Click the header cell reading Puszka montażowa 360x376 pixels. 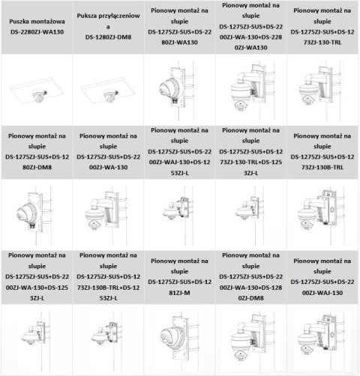pyautogui.click(x=37, y=22)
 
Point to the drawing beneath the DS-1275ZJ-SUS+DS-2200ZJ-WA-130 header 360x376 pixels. pyautogui.click(x=107, y=213)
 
